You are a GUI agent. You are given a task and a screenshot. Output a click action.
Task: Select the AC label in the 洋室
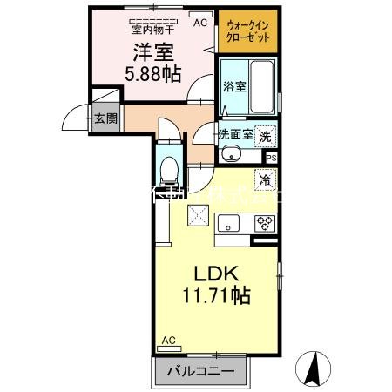click(199, 24)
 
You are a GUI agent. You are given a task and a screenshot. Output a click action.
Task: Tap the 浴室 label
click(233, 87)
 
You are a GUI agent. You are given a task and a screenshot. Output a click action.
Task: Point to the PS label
click(270, 158)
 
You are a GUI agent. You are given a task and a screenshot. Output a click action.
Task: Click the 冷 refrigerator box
click(265, 180)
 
